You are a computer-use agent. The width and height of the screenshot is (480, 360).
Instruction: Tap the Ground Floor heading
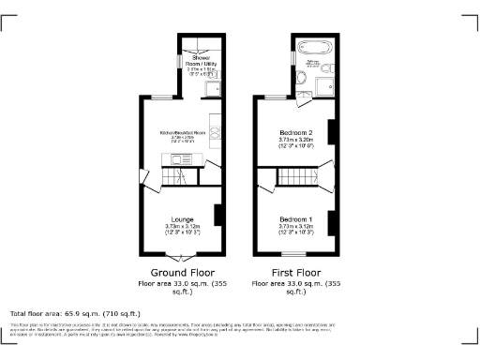177,273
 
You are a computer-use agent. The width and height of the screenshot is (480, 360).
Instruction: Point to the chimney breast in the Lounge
217,215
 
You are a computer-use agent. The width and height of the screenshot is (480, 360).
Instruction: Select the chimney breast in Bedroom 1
330,215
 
